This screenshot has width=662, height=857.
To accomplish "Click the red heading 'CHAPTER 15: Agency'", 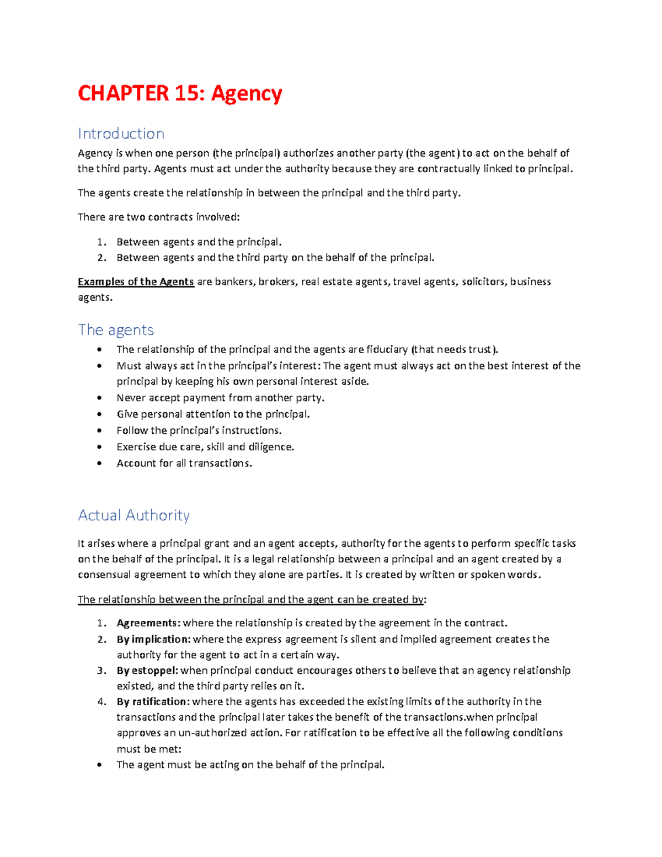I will coord(180,93).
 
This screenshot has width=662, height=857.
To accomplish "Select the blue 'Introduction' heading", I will coord(121,134).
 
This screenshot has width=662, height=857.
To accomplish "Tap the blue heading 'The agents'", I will coord(116,330).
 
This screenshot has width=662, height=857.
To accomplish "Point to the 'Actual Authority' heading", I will coord(134,515).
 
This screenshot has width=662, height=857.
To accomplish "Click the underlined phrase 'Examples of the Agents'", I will coord(136,282).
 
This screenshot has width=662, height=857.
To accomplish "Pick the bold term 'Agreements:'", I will coord(148,623).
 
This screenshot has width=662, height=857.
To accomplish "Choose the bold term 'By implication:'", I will coord(153,639).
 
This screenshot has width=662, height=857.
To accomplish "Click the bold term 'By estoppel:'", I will coord(147,670).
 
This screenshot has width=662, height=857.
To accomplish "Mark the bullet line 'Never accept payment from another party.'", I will coord(221,398).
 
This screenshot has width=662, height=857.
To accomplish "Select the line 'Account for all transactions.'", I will coord(184,464).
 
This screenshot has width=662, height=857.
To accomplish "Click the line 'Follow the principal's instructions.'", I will coord(199,430).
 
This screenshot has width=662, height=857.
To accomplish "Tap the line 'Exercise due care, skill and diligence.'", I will coord(205,447).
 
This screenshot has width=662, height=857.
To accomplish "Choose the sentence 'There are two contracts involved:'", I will coord(159,217).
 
